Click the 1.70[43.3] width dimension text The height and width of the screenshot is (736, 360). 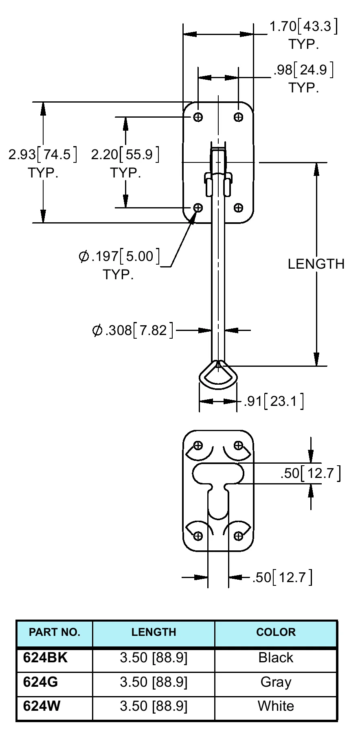pos(303,27)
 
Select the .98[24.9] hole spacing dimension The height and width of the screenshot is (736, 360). pos(303,70)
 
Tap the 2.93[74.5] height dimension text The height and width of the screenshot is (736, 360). pos(42,155)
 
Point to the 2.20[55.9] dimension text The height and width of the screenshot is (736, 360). pos(125,155)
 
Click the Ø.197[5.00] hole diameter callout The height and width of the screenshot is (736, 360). pos(119,256)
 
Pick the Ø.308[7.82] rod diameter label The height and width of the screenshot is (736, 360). pos(133,330)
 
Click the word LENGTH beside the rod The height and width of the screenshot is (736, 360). pos(316,264)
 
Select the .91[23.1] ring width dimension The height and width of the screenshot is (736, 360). pos(274,401)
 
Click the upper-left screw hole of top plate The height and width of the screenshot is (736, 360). pos(198,117)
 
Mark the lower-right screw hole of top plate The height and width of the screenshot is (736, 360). pos(238,208)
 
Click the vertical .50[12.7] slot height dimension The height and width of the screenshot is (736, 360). pos(310,473)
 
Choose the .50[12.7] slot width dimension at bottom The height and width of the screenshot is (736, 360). pos(282,577)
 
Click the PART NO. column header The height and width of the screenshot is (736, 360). pos(55,632)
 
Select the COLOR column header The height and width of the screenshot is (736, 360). pos(276,632)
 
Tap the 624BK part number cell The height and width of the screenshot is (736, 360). pos(45,657)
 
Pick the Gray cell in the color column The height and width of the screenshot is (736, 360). pos(276,682)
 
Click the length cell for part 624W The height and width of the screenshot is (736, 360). pos(154,706)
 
